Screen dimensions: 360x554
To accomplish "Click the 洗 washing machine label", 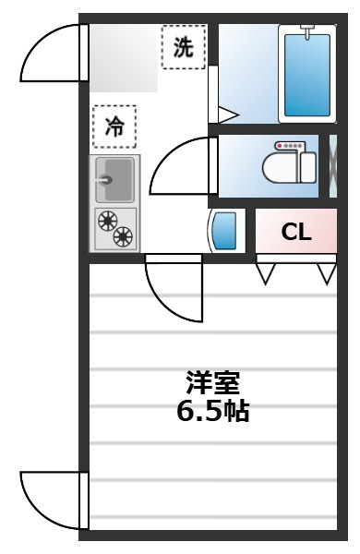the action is [x=184, y=48].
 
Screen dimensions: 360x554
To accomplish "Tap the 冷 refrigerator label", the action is [x=114, y=127].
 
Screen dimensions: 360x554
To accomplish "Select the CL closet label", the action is [x=296, y=232].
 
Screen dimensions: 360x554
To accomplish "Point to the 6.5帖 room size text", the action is [x=213, y=410].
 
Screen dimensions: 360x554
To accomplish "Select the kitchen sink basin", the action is [x=114, y=178].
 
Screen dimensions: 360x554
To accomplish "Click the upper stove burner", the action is [x=107, y=221].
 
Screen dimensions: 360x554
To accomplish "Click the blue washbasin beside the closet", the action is [x=228, y=231].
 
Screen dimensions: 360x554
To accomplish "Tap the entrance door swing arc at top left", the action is [x=51, y=55].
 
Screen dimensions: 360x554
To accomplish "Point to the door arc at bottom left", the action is [x=51, y=500].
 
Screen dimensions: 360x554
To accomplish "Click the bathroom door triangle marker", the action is [x=226, y=115].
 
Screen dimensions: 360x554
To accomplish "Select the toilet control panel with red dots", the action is [x=292, y=147].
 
